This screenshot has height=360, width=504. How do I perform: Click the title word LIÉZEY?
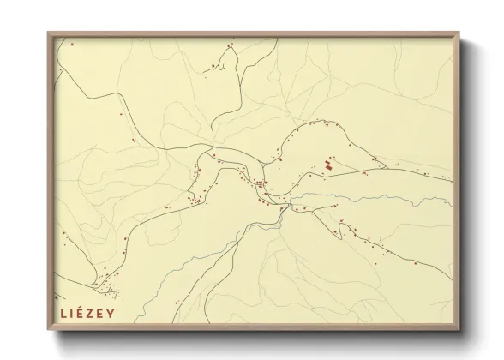point(90,313)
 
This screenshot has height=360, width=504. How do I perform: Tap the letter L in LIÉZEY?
point(63,313)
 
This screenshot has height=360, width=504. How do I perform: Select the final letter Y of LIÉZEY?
point(120,313)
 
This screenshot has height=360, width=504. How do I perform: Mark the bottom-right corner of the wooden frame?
point(459,330)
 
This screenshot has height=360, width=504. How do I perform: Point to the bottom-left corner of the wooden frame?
point(49,330)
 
